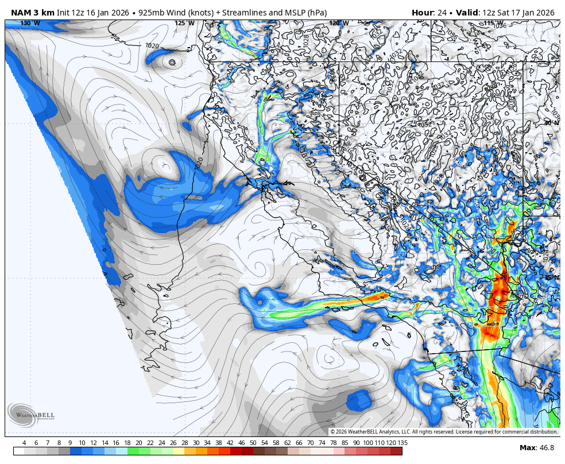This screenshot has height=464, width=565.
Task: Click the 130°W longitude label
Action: (x=30, y=23)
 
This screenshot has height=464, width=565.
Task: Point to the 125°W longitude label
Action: (x=180, y=23)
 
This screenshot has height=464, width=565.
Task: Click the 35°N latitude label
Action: (x=551, y=277)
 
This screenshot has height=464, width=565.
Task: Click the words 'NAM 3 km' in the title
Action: (x=32, y=13)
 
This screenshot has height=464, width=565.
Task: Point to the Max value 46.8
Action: (x=545, y=448)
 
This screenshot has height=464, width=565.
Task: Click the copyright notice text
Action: (x=444, y=432)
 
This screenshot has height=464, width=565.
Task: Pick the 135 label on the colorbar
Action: (x=403, y=443)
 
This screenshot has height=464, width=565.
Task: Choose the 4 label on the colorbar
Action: (x=24, y=443)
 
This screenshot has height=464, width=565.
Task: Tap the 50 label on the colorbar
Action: (x=253, y=443)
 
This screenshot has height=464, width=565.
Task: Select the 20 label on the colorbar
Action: (x=138, y=443)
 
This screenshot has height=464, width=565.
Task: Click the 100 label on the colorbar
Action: (x=367, y=443)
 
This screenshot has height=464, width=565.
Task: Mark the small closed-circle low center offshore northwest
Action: (x=172, y=62)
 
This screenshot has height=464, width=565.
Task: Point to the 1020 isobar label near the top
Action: (x=152, y=46)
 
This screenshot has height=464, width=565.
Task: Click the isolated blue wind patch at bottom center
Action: (x=359, y=400)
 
